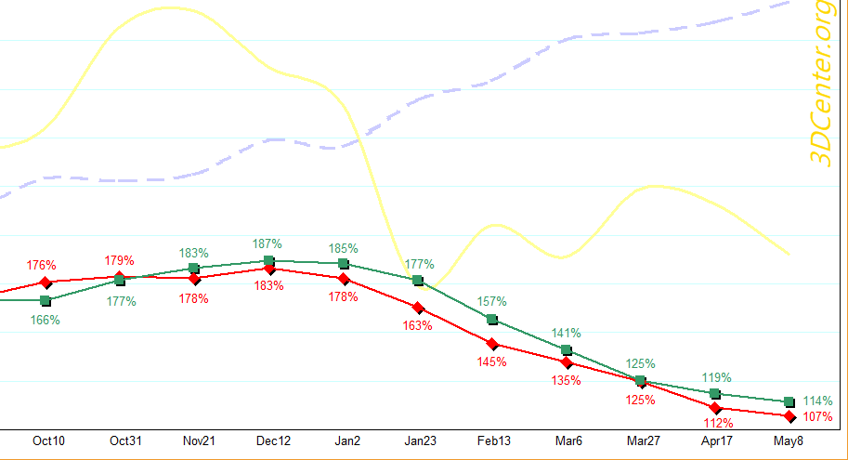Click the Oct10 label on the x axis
[48, 440]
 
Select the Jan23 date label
[418, 440]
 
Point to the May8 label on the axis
[788, 440]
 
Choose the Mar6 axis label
[566, 440]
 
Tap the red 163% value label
[418, 325]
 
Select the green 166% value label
[45, 320]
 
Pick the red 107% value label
[817, 417]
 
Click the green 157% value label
[491, 301]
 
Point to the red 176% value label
[42, 265]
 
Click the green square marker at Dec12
[269, 261]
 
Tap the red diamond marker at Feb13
[492, 344]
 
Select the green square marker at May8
[789, 401]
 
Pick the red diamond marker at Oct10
[46, 282]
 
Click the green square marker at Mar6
[567, 349]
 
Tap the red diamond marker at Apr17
[715, 408]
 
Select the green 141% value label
[566, 333]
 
